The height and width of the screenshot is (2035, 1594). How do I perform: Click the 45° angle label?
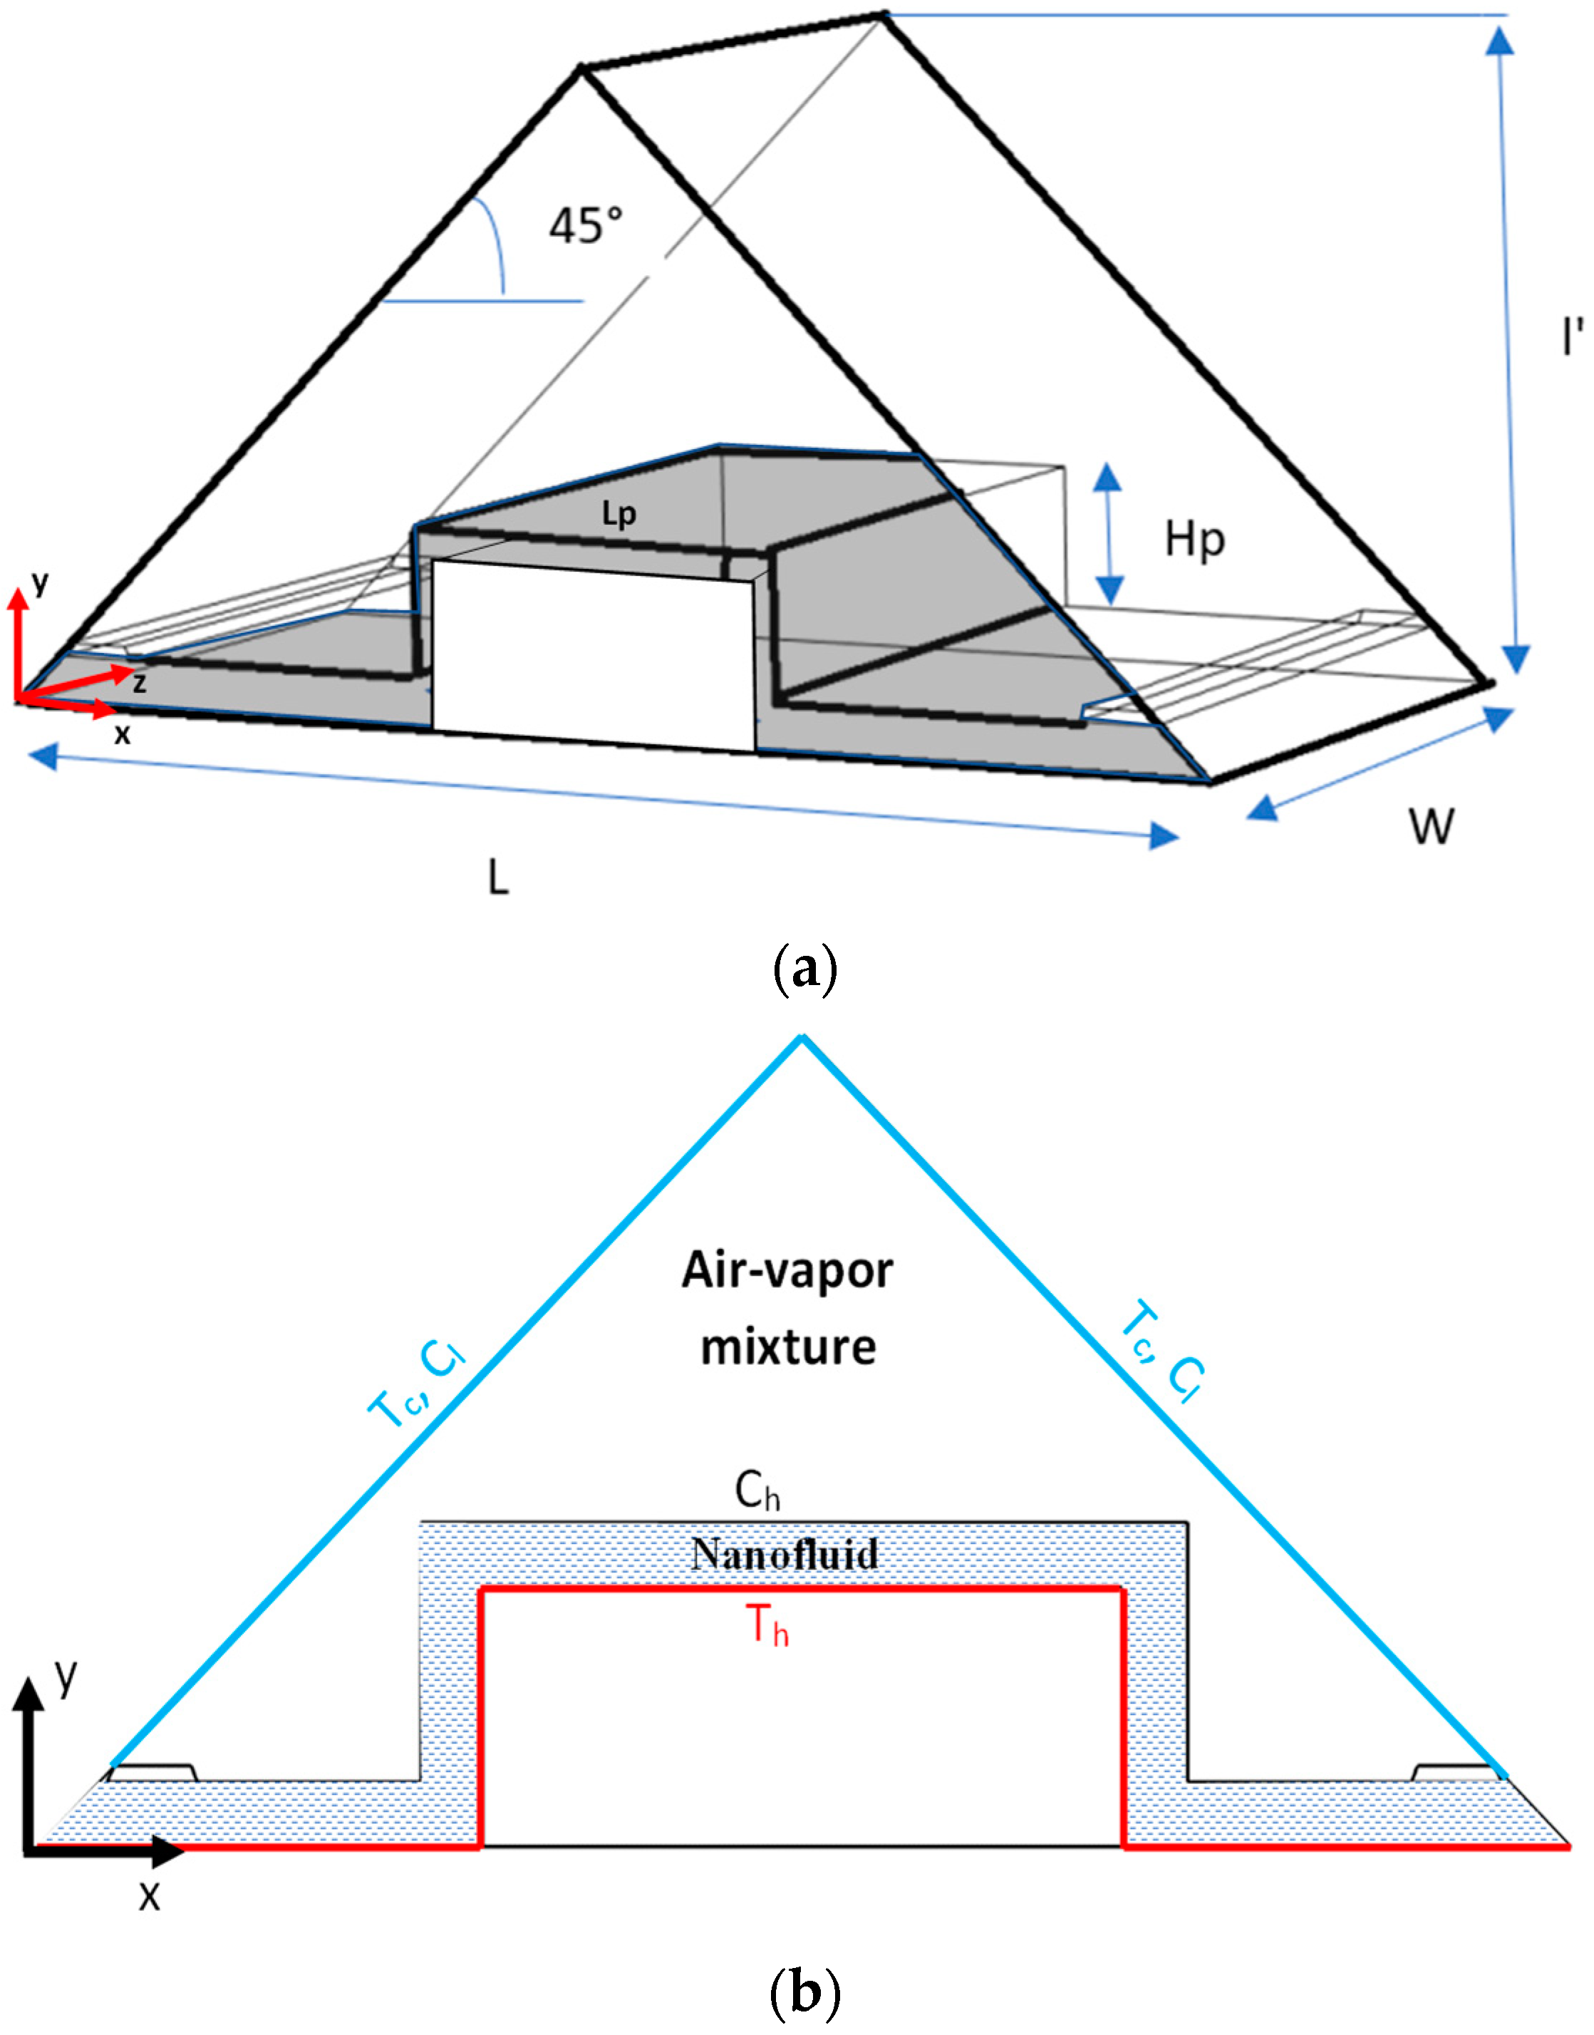tap(585, 225)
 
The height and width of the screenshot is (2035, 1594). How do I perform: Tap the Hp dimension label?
tap(1194, 540)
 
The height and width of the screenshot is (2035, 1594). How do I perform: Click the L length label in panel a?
tap(498, 877)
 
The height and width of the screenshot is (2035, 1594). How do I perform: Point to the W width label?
tap(1431, 826)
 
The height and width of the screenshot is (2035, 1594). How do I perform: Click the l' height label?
tap(1573, 338)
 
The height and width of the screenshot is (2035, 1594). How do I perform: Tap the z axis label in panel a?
tap(139, 684)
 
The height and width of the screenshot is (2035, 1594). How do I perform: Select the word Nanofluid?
tap(785, 1555)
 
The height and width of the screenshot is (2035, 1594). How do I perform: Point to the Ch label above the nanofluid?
tap(757, 1493)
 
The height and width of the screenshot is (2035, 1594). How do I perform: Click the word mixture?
tap(789, 1347)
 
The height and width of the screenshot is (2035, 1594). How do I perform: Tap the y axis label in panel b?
tap(64, 1676)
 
